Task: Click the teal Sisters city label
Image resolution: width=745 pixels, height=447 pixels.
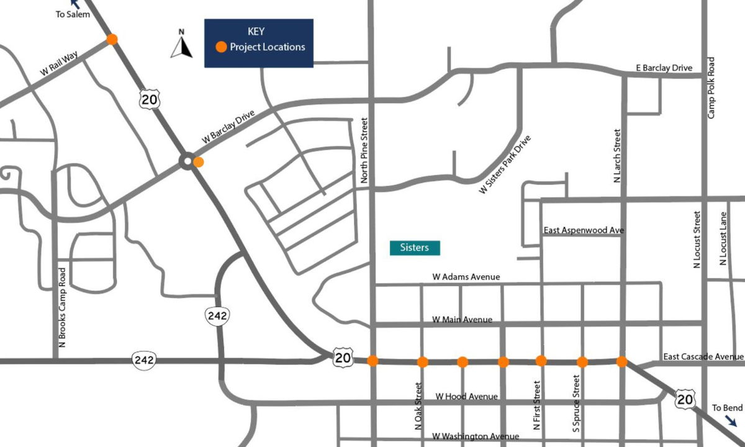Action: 414,248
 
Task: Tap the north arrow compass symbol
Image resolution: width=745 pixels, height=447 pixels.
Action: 181,45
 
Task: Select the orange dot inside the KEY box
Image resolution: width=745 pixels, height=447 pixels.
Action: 220,47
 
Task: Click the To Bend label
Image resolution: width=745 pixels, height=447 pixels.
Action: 726,408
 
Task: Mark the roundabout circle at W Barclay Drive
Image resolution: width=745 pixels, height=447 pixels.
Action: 186,161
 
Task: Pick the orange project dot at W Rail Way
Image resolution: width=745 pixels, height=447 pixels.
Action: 112,39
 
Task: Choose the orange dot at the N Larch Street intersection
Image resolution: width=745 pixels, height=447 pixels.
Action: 621,361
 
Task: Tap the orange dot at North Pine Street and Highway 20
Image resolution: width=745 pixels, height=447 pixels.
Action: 372,360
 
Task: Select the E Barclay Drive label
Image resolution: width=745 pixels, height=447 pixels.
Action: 663,68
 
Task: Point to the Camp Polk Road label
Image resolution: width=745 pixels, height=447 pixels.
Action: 711,88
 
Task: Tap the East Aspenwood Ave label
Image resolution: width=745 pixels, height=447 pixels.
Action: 583,230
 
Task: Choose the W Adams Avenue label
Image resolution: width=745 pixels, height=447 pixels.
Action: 466,277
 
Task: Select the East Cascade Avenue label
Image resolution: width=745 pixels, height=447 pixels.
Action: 703,356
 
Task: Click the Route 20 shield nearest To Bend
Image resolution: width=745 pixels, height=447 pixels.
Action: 685,399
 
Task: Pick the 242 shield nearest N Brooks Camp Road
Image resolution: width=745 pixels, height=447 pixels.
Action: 143,359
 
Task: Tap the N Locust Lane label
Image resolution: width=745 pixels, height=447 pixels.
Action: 723,238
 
